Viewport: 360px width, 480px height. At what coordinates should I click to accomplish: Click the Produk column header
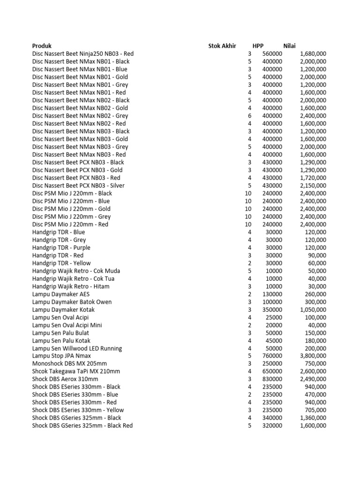point(42,46)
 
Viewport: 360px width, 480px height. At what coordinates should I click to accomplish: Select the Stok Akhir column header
point(222,46)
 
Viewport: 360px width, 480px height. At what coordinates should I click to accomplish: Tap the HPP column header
point(258,46)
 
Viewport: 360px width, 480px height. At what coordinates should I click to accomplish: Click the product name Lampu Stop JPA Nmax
point(61,356)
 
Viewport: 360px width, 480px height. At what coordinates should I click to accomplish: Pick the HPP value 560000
point(272,53)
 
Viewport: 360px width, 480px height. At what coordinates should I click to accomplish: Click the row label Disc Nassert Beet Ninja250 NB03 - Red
point(83,53)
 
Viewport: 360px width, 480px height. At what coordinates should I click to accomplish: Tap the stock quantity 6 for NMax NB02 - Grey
point(249,116)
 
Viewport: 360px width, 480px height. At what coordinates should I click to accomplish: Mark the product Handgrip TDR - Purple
point(61,247)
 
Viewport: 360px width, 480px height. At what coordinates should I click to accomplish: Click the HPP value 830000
point(272,379)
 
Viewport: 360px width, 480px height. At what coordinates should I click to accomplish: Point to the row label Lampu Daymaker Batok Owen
point(72,302)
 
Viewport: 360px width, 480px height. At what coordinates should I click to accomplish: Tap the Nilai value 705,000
point(315,410)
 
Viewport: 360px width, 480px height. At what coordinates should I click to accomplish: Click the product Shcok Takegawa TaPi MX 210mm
point(76,371)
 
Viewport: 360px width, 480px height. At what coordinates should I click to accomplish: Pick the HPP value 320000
point(272,426)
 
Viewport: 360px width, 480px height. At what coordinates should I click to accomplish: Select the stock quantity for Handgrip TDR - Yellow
point(249,263)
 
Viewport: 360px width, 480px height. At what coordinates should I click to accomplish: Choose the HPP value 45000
point(274,340)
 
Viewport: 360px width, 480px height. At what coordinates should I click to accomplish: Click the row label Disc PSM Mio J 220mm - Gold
point(71,209)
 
